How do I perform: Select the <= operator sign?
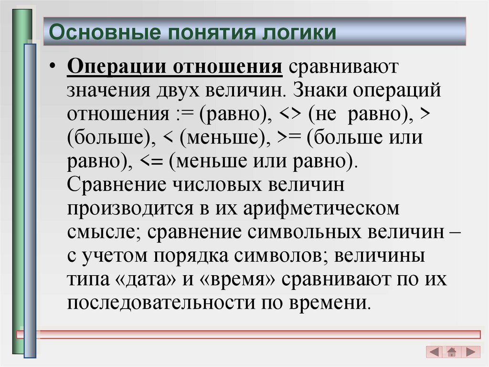pyautogui.click(x=153, y=162)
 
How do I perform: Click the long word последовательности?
pyautogui.click(x=160, y=303)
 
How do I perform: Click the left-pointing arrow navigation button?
pyautogui.click(x=435, y=352)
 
